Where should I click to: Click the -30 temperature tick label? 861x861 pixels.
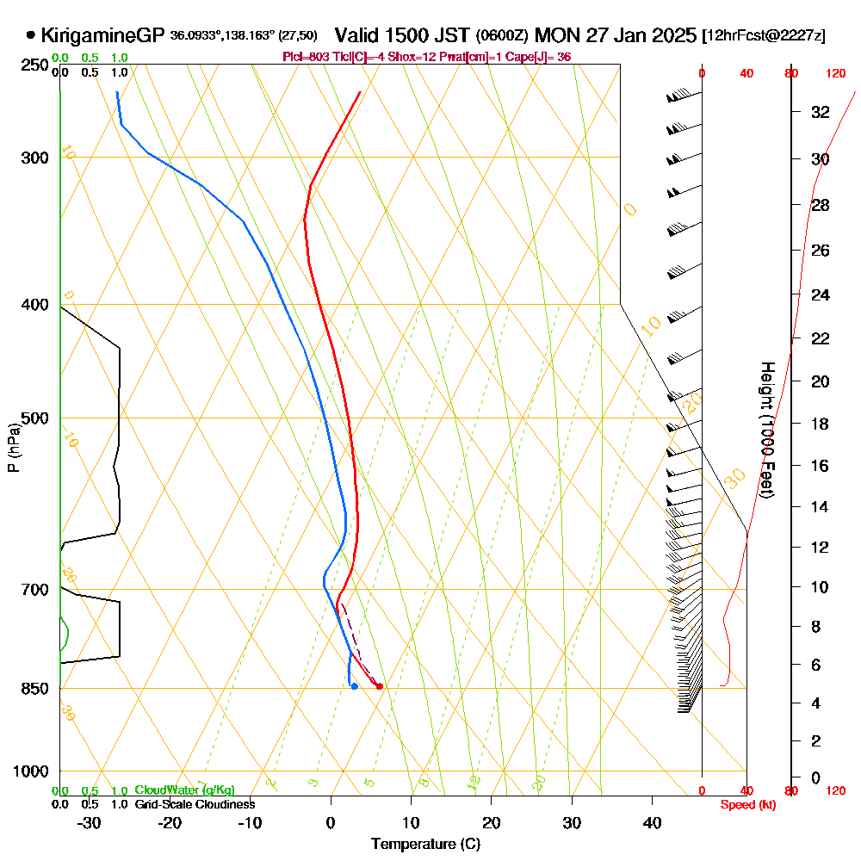pyautogui.click(x=89, y=823)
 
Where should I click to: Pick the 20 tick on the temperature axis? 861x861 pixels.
pyautogui.click(x=491, y=823)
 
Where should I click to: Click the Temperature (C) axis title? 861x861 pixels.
pyautogui.click(x=425, y=844)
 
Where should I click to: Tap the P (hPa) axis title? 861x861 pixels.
pyautogui.click(x=13, y=447)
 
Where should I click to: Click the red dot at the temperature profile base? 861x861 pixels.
pyautogui.click(x=380, y=686)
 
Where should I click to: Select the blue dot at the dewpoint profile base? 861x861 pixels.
pyautogui.click(x=354, y=686)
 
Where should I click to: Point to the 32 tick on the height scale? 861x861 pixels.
pyautogui.click(x=821, y=112)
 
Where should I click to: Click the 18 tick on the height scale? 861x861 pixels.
pyautogui.click(x=821, y=424)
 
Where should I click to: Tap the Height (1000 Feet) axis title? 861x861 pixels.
pyautogui.click(x=765, y=429)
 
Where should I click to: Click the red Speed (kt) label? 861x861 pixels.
pyautogui.click(x=746, y=804)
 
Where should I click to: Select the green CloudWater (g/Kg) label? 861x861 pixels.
pyautogui.click(x=184, y=790)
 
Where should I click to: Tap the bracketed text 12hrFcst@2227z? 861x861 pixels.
pyautogui.click(x=764, y=36)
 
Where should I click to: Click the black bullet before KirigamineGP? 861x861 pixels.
pyautogui.click(x=31, y=35)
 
